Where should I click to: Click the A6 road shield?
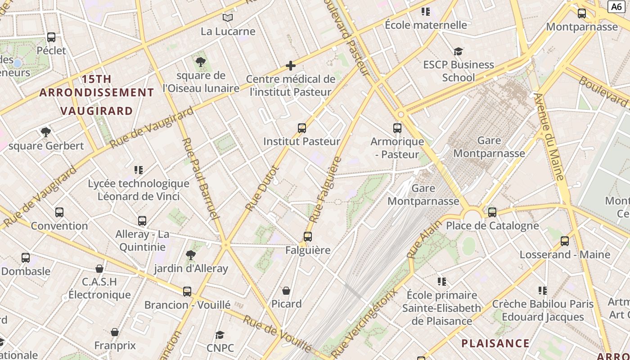point(616,6)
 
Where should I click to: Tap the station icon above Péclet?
point(51,37)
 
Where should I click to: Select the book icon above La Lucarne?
point(228,18)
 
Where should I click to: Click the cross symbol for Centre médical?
point(291,66)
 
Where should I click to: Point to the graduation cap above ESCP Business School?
point(458,51)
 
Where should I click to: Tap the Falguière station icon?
point(308,237)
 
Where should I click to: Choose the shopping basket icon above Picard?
point(286,291)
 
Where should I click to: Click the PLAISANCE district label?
point(495,343)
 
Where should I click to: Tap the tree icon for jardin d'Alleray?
point(191,255)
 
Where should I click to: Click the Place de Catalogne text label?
point(492,225)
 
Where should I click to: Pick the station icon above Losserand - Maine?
point(565,241)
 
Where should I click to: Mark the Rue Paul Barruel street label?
point(200,179)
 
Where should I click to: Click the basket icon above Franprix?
point(115,332)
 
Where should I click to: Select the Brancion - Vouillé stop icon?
point(187,292)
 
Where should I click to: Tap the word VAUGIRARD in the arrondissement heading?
point(97,111)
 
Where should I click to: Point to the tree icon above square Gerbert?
point(45,132)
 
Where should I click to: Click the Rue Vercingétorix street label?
point(365,323)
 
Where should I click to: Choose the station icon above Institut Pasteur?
point(302,128)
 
